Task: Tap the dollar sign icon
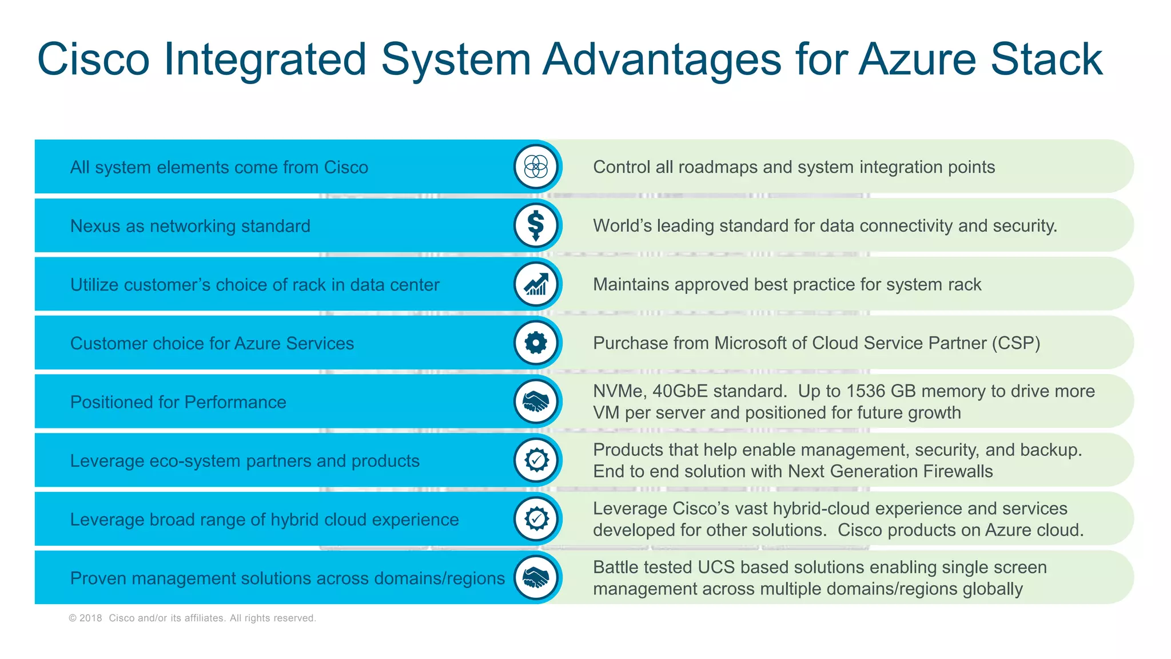click(536, 225)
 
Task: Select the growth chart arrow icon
click(536, 284)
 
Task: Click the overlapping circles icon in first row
click(536, 166)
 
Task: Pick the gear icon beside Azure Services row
click(536, 343)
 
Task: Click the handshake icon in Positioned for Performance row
click(536, 402)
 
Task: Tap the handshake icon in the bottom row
click(536, 577)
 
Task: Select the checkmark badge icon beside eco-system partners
click(536, 460)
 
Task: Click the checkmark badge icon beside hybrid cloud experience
click(536, 519)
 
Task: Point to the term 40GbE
click(680, 391)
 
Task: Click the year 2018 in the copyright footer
click(90, 618)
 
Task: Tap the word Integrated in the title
click(265, 59)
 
